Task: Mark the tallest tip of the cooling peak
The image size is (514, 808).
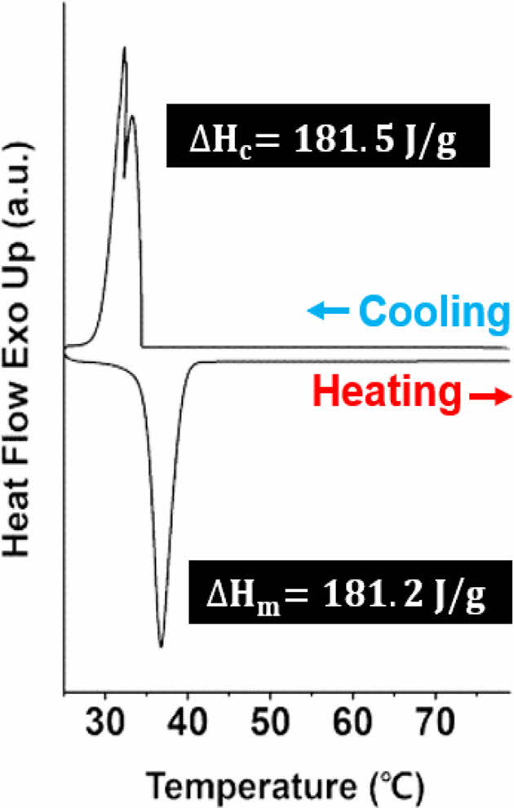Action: [124, 48]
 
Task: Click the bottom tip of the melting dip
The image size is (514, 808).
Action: [161, 647]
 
